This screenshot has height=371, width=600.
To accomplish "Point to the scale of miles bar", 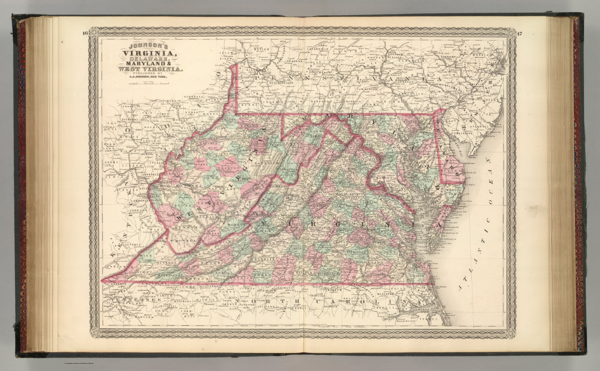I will (145, 82).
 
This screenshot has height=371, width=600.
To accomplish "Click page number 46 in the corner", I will (86, 33).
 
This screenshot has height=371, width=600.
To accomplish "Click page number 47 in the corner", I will (518, 33).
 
